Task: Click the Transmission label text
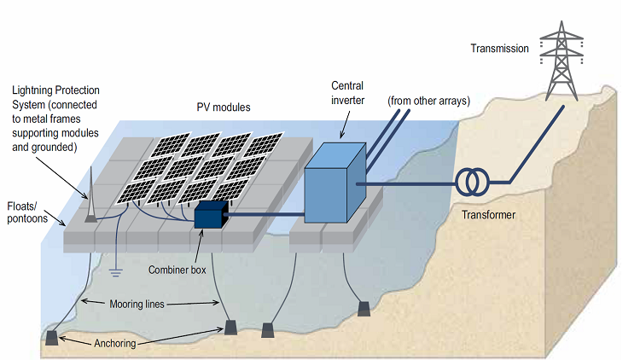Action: pos(499,49)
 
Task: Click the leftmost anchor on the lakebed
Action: pos(52,337)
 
